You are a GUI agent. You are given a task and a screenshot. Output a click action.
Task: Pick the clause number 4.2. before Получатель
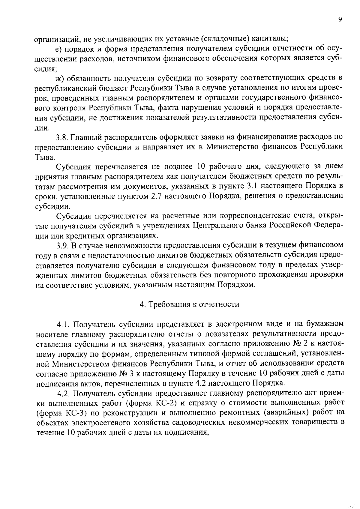point(64,393)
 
